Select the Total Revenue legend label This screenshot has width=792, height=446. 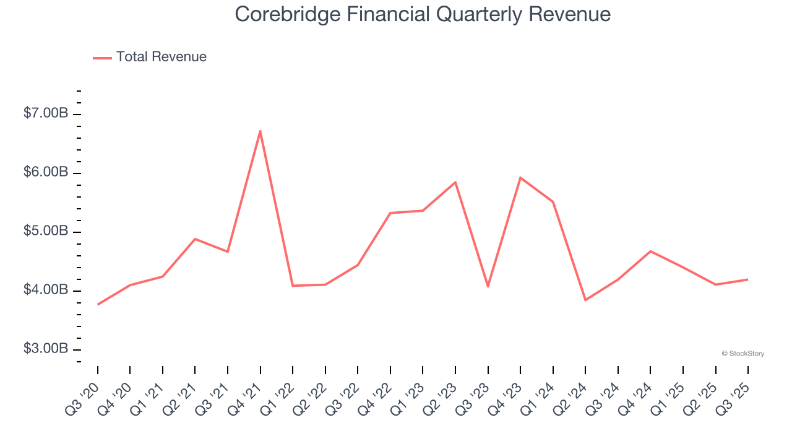point(161,57)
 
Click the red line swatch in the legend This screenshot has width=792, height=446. point(102,58)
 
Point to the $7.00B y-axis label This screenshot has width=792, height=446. point(46,113)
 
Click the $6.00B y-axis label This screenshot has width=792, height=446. point(46,172)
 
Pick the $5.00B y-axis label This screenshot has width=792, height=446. point(46,231)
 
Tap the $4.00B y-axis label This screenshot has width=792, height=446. point(46,290)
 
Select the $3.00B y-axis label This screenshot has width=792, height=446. point(46,349)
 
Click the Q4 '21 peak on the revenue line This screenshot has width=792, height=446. point(260,131)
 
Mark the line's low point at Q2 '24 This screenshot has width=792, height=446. point(585,300)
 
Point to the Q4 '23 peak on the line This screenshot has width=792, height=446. point(520,178)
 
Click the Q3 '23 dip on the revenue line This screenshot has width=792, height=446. point(488,286)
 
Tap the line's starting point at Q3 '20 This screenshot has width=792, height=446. point(98,304)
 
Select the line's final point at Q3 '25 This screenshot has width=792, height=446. point(748,279)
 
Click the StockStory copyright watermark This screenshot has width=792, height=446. point(742,354)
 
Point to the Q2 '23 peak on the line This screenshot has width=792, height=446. point(455,182)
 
